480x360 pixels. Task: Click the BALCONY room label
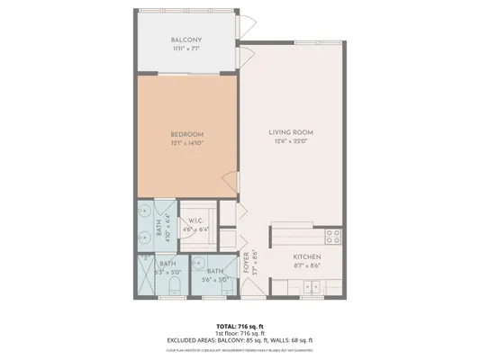coord(186,40)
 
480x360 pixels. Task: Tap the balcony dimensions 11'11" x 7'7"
coord(186,49)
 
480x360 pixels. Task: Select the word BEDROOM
coord(188,134)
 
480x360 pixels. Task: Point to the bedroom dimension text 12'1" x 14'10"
coord(188,143)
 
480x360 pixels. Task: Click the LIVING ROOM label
coord(291,134)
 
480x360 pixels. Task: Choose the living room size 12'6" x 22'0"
coord(291,143)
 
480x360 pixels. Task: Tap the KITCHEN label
coord(307,257)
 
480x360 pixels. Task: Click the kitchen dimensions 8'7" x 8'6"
coord(307,266)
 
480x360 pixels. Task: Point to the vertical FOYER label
coord(247,265)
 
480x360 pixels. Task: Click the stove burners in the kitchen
coord(332,237)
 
